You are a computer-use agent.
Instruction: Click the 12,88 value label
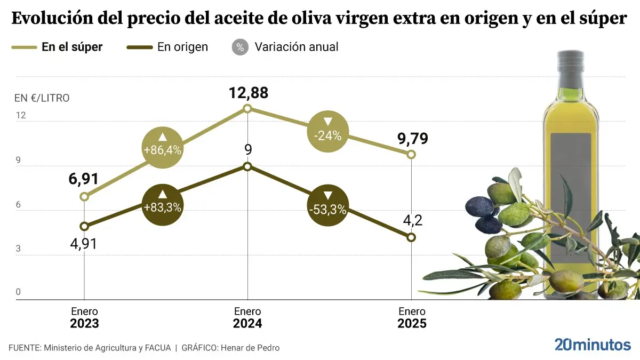point(248,93)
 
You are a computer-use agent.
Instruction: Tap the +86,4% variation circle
point(163,148)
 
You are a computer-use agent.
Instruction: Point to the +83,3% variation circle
point(163,205)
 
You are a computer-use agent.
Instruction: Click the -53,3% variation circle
point(327,206)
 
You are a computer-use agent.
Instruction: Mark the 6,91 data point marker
point(84,197)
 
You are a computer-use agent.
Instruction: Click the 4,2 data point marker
point(411,237)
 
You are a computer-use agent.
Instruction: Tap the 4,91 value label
point(84,244)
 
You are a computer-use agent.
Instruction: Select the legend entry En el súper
point(71,47)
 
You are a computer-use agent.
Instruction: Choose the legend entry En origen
point(182,47)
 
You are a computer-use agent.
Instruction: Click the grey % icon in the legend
point(240,47)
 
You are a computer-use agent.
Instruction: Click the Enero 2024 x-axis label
point(247,317)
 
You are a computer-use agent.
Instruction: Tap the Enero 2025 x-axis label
point(412,317)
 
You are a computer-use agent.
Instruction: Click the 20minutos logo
point(592,345)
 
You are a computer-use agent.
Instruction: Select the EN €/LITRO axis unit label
point(42,98)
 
